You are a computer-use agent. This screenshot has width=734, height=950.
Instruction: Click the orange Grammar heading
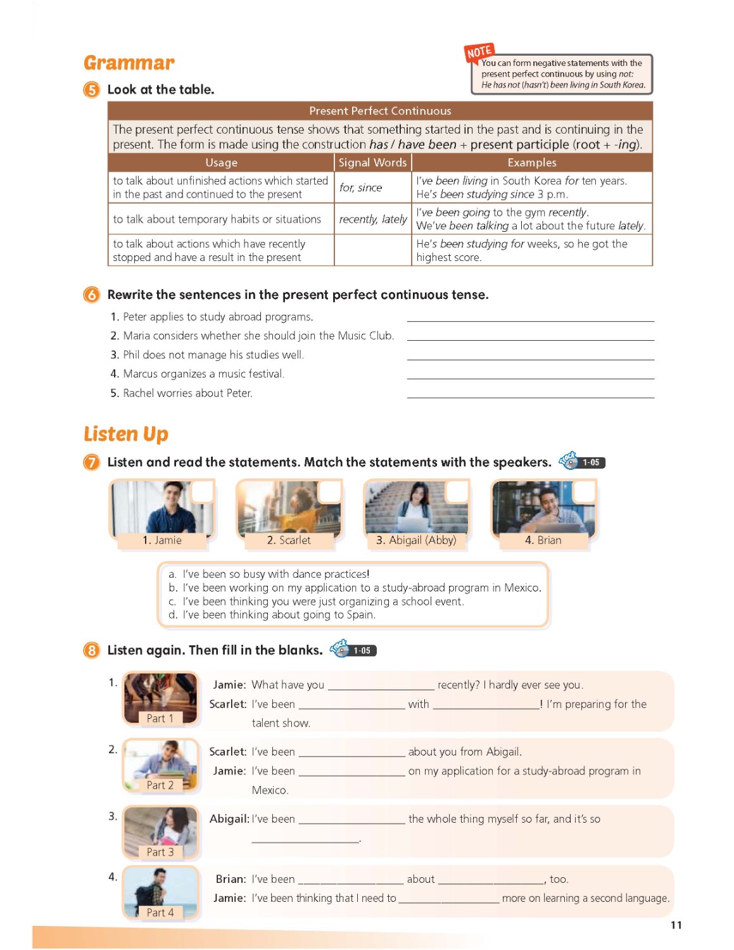coord(129,63)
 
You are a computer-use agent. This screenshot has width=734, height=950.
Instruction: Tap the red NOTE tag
coord(479,52)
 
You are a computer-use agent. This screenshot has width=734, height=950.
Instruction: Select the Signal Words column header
coord(372,163)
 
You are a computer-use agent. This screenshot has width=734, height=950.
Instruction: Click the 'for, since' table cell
coord(360,187)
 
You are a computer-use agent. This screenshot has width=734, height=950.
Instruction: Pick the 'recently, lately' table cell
coord(372,219)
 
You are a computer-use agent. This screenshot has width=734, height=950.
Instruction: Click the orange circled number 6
coord(92,295)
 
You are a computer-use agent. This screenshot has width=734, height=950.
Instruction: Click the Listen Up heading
coord(126,434)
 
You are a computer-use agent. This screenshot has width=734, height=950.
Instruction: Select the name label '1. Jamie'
coord(162,540)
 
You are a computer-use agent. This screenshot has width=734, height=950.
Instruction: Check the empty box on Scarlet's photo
coord(329,491)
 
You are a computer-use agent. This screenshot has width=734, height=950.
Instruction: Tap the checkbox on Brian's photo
coord(584,491)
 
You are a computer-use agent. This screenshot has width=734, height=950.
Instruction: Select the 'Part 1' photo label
coord(160,718)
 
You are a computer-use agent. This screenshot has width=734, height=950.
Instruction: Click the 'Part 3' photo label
coord(160,852)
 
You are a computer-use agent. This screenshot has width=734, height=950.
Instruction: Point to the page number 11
coord(676,925)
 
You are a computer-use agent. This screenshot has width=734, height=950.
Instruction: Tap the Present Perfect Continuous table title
coord(380,111)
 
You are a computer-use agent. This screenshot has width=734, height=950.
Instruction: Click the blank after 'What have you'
coord(381,686)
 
